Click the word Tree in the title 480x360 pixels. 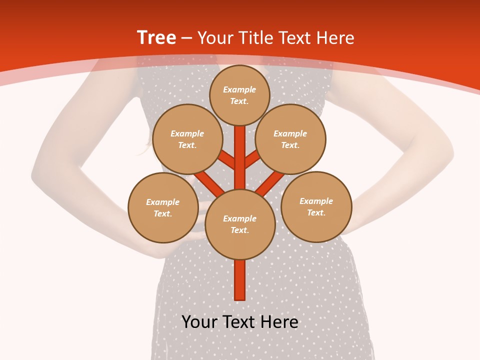156,38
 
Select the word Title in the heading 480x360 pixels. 256,38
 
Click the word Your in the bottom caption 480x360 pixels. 199,322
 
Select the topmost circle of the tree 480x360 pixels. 239,95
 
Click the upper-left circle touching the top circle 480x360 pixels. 187,139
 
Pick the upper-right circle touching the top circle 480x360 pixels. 290,139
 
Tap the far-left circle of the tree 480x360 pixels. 163,207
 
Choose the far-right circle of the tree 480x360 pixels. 316,206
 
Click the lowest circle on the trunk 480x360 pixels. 240,224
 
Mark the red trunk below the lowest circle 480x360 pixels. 240,280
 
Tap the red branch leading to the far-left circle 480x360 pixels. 209,183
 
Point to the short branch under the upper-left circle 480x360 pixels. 227,160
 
